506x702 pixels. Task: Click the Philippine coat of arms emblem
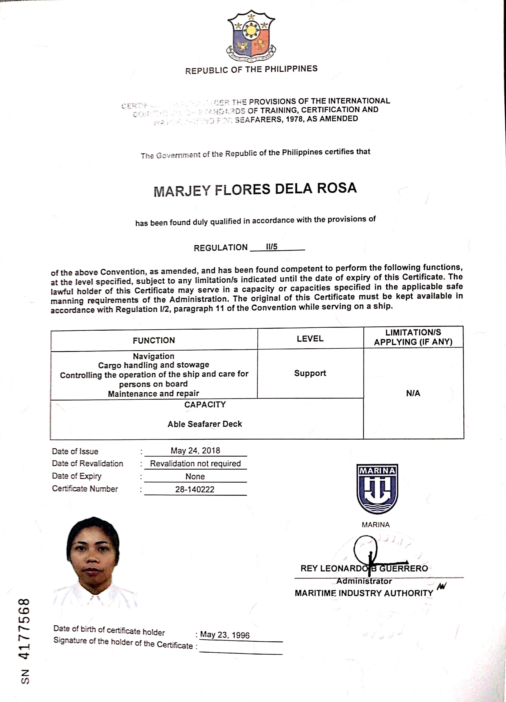point(251,37)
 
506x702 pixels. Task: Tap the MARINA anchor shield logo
point(377,489)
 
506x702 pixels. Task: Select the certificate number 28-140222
point(195,489)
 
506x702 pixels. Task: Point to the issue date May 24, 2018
point(195,451)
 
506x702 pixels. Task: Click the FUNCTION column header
point(154,341)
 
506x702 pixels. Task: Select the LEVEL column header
point(310,339)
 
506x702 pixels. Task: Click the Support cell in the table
point(310,373)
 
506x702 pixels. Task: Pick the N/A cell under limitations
point(413,393)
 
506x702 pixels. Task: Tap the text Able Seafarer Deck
point(205,424)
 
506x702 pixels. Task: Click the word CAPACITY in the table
point(205,405)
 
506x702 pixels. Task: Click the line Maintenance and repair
point(153,394)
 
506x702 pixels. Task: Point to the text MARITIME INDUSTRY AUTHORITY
point(364,593)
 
